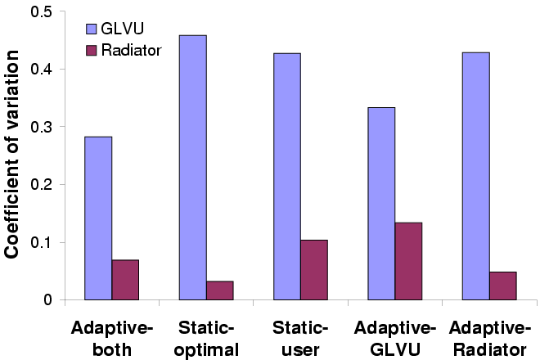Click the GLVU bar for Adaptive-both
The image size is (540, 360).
[99, 218]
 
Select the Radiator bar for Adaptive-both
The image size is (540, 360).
[125, 280]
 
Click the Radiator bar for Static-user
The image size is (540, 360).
[314, 270]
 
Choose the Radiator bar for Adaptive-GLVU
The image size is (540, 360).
[408, 261]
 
